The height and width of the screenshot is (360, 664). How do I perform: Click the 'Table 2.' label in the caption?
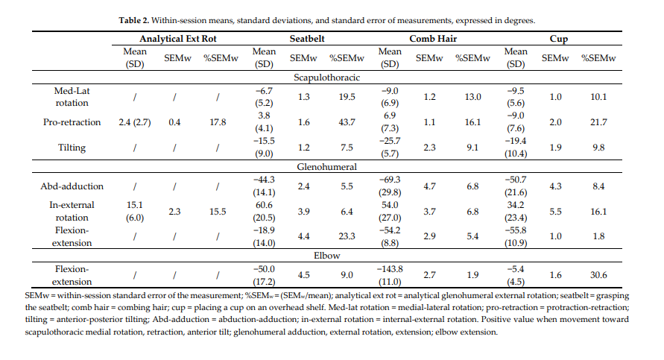[136, 20]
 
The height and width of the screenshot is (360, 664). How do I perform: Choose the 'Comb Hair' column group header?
[433, 38]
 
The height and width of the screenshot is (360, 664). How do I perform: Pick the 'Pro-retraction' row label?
[72, 122]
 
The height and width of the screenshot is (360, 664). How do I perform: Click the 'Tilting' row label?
[72, 148]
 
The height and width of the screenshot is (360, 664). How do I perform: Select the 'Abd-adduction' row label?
[72, 186]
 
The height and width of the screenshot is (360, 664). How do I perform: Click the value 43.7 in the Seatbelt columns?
[347, 122]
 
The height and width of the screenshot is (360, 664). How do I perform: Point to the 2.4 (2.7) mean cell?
[134, 122]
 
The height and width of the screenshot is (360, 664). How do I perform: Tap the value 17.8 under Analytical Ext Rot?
[218, 122]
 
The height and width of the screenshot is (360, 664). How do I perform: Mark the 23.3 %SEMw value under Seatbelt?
[347, 237]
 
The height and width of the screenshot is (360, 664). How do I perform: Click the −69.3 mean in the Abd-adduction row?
[391, 180]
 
